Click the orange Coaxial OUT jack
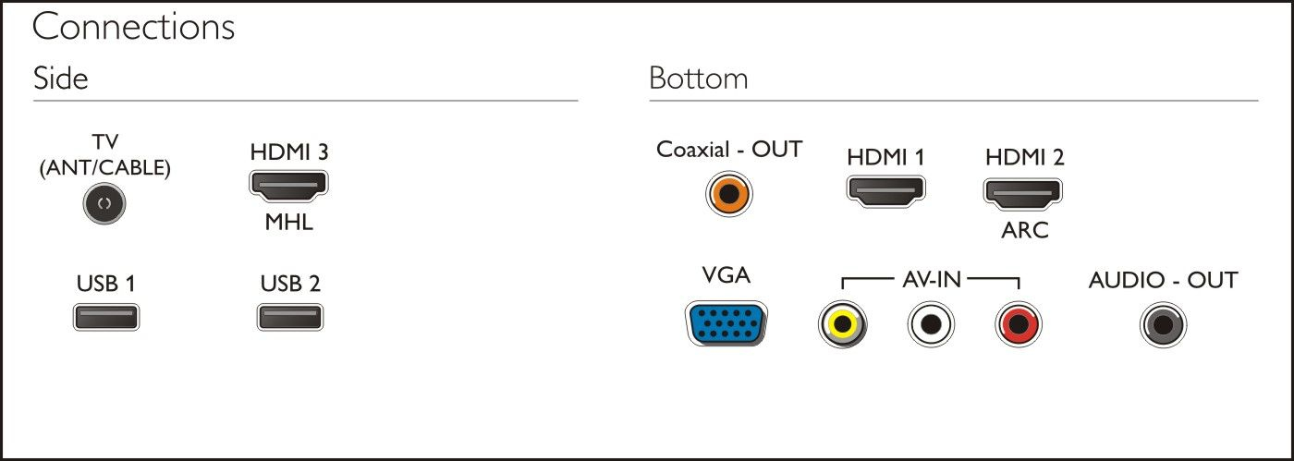tap(729, 194)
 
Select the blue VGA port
tap(726, 323)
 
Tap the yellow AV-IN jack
tap(842, 324)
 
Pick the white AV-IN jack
tap(931, 324)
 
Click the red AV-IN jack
tap(1019, 324)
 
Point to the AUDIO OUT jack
tap(1163, 324)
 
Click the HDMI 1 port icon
tap(885, 192)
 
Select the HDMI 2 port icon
tap(1022, 194)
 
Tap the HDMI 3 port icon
tap(288, 186)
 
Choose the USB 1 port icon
tap(106, 317)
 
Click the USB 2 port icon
tap(290, 317)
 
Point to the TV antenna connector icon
tap(104, 203)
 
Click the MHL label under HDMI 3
tap(288, 222)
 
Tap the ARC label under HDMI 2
tap(1025, 230)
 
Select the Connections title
tap(133, 27)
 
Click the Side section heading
tap(61, 78)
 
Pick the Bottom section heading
tap(699, 78)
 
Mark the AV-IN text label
tap(932, 280)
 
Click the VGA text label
tap(726, 275)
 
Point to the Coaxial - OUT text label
tap(729, 149)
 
